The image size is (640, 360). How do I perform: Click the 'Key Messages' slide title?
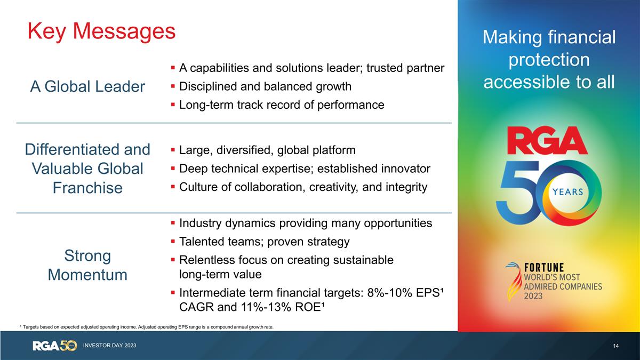[101, 31]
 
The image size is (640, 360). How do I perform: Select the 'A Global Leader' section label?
[87, 86]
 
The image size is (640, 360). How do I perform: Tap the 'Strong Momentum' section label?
[87, 265]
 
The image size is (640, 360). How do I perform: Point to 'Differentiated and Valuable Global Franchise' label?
[87, 168]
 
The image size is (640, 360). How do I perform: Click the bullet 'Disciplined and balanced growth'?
[265, 86]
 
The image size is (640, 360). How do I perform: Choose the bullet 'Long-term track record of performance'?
[282, 105]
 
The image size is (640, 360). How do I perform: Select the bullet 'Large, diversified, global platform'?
[267, 150]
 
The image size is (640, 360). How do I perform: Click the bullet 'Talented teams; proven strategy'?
[264, 242]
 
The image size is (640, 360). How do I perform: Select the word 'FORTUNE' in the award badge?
[544, 267]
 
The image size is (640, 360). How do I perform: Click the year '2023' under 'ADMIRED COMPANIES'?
[536, 296]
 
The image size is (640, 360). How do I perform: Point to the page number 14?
[615, 347]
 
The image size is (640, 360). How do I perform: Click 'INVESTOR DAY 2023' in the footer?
[109, 346]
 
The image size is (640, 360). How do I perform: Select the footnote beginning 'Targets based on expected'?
[147, 327]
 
